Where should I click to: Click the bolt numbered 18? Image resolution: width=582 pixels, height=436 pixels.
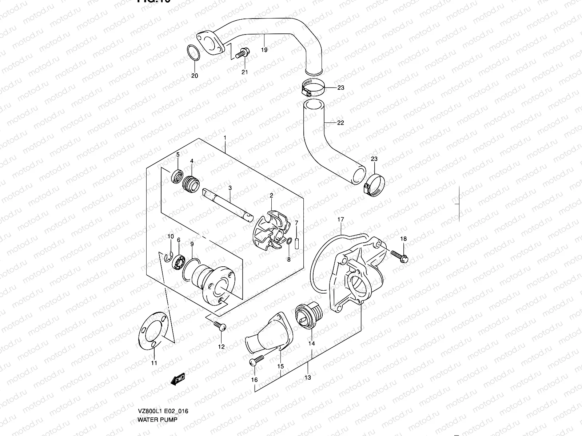click(399, 255)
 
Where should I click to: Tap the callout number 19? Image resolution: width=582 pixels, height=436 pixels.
click(264, 50)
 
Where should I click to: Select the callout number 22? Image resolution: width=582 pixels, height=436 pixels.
click(340, 123)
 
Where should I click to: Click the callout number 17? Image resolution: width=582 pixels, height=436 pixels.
click(340, 219)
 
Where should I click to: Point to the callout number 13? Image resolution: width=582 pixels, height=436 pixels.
click(308, 378)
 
